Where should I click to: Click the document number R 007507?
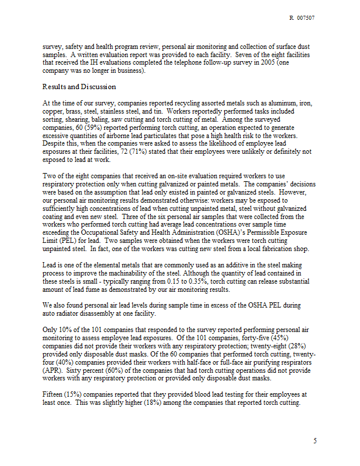pyautogui.click(x=302, y=19)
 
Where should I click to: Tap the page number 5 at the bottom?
pyautogui.click(x=315, y=441)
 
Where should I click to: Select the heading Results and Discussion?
pyautogui.click(x=79, y=87)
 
